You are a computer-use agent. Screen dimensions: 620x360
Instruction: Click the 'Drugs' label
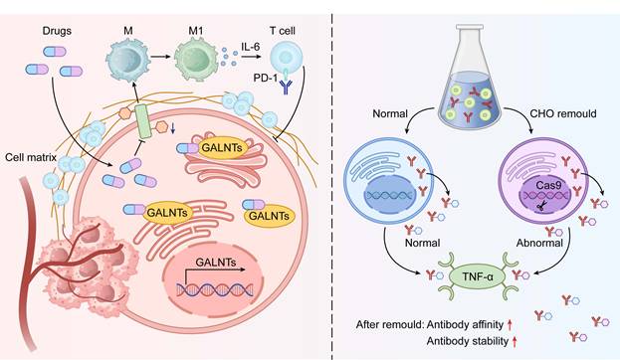57,31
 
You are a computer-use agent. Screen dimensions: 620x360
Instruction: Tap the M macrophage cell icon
128,61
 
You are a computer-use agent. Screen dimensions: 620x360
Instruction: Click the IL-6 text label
251,47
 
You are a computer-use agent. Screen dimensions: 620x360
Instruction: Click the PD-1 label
266,78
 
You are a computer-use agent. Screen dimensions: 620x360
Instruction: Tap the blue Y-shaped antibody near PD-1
285,87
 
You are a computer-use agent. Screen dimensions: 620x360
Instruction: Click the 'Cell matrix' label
31,157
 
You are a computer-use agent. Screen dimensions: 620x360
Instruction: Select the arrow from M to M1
160,57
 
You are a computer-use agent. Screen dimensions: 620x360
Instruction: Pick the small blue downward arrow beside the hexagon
172,127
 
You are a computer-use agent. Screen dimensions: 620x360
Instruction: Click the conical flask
470,74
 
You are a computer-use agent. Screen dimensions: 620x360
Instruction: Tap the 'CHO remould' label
562,113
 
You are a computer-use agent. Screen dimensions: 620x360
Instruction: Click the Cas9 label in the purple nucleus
548,185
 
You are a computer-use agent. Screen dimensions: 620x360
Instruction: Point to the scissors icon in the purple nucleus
541,205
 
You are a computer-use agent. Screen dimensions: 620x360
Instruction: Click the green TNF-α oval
478,276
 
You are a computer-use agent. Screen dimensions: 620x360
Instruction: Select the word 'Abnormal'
539,243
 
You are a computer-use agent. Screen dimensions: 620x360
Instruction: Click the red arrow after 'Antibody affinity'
511,325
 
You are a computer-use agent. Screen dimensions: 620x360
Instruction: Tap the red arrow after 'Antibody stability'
515,341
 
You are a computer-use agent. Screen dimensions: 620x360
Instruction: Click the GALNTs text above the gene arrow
216,262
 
